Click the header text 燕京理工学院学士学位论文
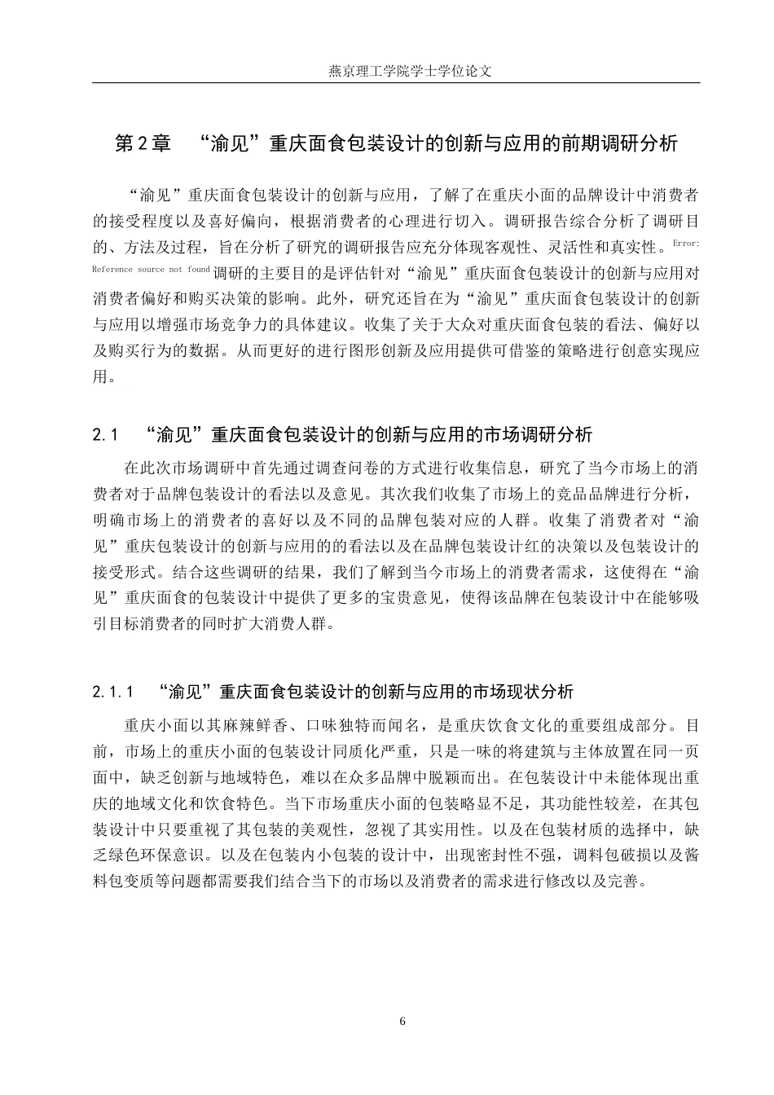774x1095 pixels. (410, 70)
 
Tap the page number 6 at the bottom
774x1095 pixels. (402, 1021)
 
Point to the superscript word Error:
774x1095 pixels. (686, 244)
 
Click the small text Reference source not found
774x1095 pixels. (151, 270)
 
